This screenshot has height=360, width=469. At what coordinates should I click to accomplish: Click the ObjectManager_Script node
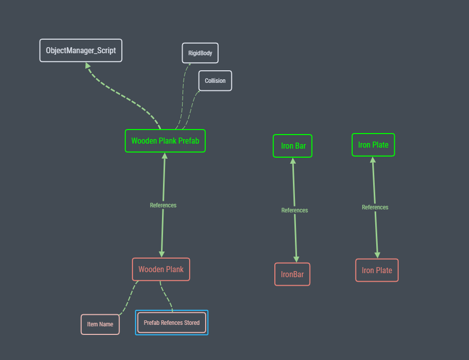coord(81,50)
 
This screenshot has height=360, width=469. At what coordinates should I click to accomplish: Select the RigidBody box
coord(200,53)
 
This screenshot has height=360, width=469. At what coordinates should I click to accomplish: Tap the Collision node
coord(215,80)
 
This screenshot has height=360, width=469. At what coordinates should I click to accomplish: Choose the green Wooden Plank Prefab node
coord(165,141)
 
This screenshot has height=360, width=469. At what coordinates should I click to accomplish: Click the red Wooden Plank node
coord(161,269)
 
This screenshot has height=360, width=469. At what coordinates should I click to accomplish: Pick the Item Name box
coord(100,324)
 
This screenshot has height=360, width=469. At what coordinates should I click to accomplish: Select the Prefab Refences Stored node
coord(172,322)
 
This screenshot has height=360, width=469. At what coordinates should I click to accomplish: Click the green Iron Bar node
coord(292,146)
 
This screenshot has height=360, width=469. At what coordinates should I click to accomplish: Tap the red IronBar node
coord(292,274)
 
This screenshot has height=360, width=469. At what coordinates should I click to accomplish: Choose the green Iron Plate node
coord(373,145)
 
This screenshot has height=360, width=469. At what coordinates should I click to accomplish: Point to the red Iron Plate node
coord(377,270)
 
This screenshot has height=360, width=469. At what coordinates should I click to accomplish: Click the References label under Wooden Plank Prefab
coord(163,205)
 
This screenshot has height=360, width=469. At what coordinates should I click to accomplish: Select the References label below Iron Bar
coord(294,210)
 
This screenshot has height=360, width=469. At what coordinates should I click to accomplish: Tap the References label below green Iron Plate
coord(375,207)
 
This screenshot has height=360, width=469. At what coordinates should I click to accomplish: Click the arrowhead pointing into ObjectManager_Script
coord(88,65)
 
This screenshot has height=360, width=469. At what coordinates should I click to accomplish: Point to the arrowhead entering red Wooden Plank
coord(162,254)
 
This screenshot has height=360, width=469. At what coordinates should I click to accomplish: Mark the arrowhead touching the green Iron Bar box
coord(293,161)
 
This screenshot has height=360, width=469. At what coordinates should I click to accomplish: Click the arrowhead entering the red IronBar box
coord(296,260)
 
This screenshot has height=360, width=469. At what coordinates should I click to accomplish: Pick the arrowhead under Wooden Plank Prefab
coord(165,156)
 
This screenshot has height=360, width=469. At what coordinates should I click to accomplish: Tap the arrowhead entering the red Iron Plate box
coord(378,255)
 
